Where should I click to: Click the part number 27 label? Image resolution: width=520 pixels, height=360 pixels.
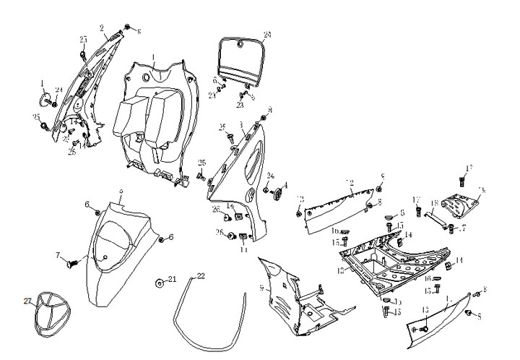[x=28, y=301]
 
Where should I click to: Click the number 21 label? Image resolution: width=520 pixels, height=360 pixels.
[x=172, y=278]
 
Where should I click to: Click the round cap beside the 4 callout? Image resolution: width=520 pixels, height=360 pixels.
[x=275, y=193]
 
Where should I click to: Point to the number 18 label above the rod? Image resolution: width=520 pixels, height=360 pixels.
[x=435, y=203]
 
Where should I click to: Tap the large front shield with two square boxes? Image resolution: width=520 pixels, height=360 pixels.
[x=155, y=119]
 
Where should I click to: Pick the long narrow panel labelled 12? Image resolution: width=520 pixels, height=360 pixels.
[x=339, y=210]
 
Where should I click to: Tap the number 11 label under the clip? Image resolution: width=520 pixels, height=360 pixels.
[x=243, y=249]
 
